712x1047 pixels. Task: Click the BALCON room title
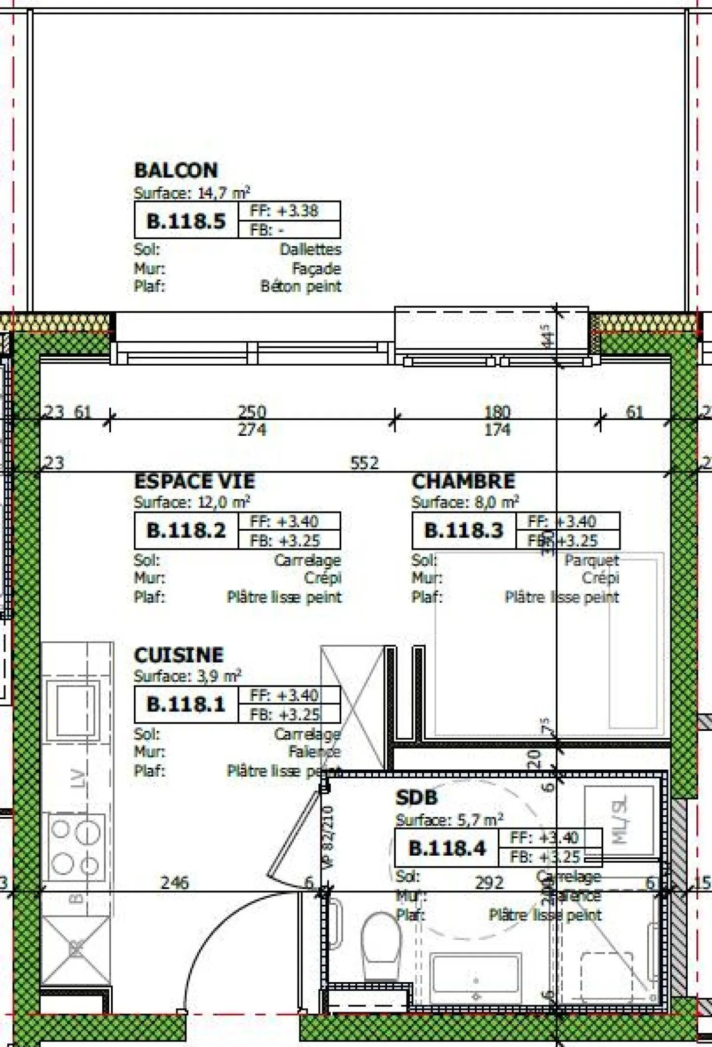pos(176,171)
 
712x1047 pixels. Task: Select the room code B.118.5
pos(186,221)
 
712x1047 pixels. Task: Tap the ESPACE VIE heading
pos(194,481)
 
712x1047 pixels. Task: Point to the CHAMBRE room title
pos(463,481)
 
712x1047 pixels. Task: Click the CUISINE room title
pos(178,655)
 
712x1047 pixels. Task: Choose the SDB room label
pos(416,797)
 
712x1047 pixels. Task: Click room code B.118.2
pos(186,531)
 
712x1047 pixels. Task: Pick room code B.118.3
pos(464,531)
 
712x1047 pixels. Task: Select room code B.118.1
pos(186,704)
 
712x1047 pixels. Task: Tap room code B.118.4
pos(447,848)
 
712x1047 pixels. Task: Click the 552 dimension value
pos(364,463)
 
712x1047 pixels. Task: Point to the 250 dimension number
pos(252,412)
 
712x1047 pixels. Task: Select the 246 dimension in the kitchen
pos(175,882)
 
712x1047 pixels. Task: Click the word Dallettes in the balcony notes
pos(311,249)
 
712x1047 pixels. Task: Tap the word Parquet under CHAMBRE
pos(591,560)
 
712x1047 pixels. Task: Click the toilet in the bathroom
pos(381,946)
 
